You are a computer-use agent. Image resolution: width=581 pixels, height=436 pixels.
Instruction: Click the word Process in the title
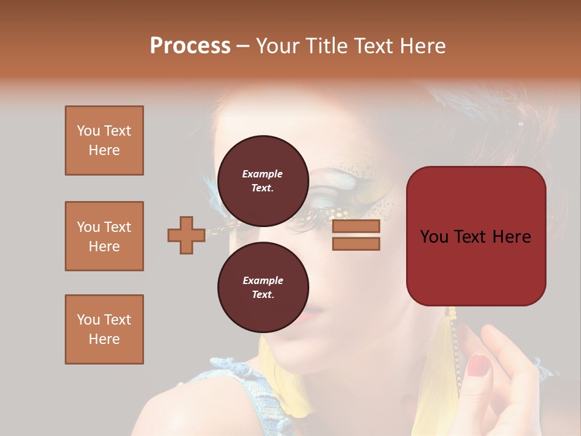tap(190, 45)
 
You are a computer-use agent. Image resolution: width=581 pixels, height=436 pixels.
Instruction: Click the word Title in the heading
tap(323, 45)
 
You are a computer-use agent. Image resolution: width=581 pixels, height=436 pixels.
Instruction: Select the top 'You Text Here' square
tap(104, 140)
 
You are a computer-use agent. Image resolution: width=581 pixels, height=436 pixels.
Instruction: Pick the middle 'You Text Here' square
tap(104, 236)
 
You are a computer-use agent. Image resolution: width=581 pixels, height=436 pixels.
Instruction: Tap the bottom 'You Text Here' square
tap(104, 329)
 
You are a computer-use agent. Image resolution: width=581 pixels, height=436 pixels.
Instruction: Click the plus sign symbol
tap(186, 235)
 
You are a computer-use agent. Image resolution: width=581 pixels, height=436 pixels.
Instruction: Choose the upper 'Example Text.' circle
tap(263, 180)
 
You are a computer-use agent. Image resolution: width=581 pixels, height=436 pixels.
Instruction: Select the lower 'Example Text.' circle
tap(263, 287)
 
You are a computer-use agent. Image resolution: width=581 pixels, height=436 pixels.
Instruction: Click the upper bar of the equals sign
tap(356, 226)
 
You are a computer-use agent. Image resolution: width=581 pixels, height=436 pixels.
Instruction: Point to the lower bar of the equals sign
tap(356, 243)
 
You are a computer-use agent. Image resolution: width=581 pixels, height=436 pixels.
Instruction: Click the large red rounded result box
tap(476, 236)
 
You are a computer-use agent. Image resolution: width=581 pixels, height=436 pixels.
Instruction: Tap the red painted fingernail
tap(479, 365)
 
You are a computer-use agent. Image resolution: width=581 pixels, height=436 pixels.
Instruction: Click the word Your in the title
tap(276, 45)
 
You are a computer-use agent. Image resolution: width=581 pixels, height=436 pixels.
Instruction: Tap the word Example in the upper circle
tap(263, 174)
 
